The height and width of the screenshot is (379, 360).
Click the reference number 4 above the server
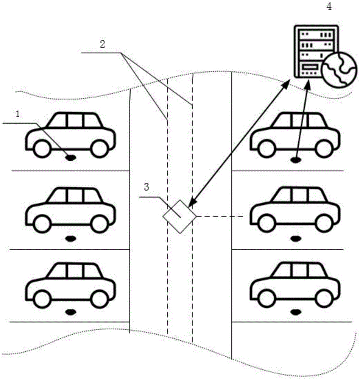coord(329,7)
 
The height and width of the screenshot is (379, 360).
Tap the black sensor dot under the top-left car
coord(70,157)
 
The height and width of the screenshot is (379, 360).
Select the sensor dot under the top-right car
coord(295,160)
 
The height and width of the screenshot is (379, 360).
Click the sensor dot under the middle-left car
coord(70,238)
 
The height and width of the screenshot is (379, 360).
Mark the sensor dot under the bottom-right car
coord(295,312)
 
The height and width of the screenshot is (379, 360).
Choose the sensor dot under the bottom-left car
coord(70,312)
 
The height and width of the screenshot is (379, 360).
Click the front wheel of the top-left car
coord(42,149)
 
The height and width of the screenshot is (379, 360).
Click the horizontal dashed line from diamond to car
coord(223,217)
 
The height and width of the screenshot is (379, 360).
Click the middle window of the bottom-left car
coord(75,271)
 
